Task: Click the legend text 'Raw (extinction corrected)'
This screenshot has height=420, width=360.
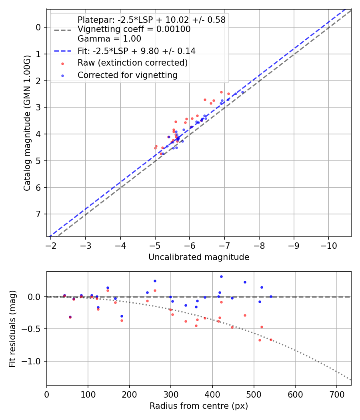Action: [132, 63]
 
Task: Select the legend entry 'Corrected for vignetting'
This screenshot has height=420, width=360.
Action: [127, 75]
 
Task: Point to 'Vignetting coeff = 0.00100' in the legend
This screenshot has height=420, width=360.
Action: [134, 29]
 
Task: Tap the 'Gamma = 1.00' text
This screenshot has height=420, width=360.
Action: [109, 39]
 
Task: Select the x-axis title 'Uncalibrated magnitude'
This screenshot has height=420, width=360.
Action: [199, 257]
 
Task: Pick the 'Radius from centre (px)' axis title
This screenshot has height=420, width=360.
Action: [199, 406]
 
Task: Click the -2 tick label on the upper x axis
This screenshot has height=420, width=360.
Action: [51, 244]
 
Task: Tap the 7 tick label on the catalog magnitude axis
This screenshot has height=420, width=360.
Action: [38, 214]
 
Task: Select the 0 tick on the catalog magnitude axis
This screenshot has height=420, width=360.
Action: [38, 27]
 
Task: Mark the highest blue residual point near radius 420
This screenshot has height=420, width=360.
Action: [221, 276]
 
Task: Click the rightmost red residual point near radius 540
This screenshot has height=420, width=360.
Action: [271, 340]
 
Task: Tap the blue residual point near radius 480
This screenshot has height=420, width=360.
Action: [245, 282]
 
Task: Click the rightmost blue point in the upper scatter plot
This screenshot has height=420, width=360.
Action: [242, 92]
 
